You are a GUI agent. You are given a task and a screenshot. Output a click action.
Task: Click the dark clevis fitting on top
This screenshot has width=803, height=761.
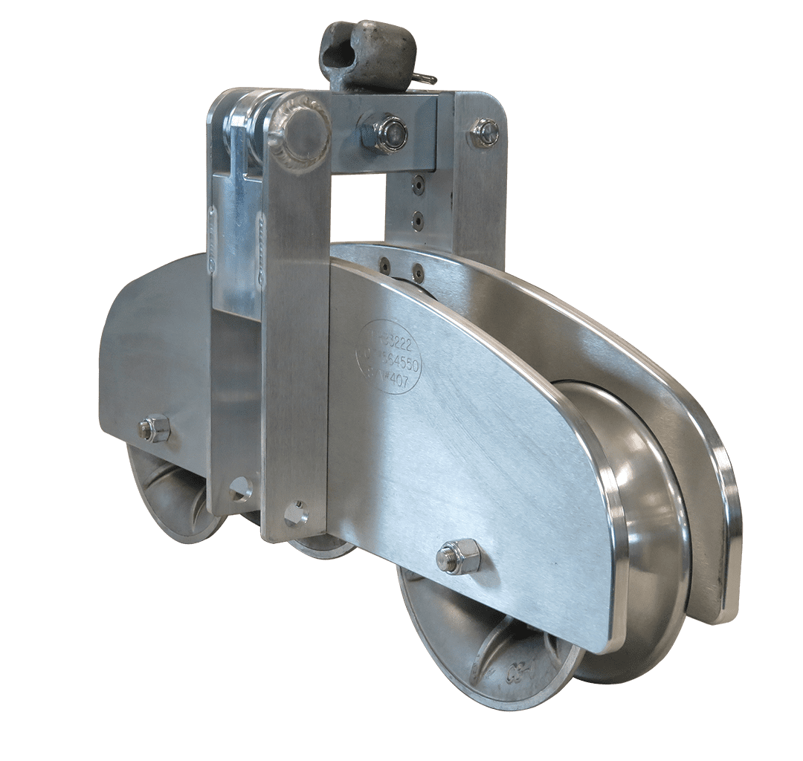(366, 56)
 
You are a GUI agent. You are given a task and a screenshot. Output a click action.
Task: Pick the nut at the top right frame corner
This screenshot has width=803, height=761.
(484, 133)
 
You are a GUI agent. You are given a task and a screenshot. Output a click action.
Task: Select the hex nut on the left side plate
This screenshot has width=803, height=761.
(155, 428)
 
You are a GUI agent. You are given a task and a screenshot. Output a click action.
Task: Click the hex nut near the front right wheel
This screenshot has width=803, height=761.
(458, 557)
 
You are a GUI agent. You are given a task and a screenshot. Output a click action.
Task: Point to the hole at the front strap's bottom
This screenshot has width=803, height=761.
(296, 513)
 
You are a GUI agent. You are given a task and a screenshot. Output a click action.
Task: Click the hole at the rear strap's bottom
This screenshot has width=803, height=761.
(240, 488)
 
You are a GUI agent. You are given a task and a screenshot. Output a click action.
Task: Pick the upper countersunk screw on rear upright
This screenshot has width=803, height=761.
(419, 185)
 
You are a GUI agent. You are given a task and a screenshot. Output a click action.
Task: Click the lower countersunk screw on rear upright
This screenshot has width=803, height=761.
(419, 219)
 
